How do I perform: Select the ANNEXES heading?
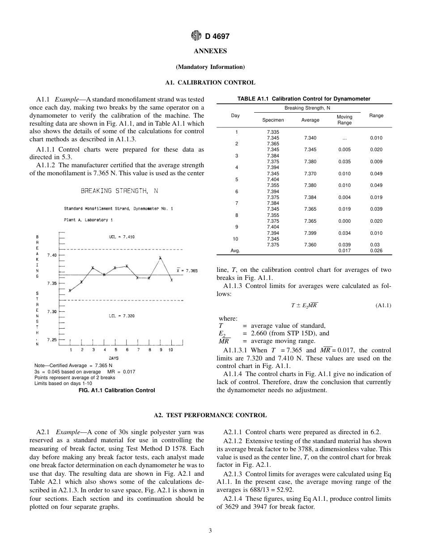[x=210, y=51]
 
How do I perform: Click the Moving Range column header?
[x=344, y=120]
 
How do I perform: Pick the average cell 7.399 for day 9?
[x=310, y=233]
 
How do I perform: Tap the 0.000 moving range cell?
[x=344, y=221]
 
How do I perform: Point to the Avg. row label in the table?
[x=235, y=251]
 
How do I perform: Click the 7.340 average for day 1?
[x=310, y=138]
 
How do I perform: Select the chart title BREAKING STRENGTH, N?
[x=119, y=191]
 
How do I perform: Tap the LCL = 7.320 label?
[x=121, y=316]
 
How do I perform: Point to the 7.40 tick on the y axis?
[x=52, y=255]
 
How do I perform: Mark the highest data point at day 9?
[x=160, y=258]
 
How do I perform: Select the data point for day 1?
[x=70, y=290]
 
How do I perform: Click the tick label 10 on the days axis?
[x=170, y=350]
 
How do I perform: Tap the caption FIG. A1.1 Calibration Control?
[x=117, y=390]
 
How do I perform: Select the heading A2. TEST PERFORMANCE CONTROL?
[x=210, y=415]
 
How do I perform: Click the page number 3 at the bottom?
[x=210, y=531]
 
